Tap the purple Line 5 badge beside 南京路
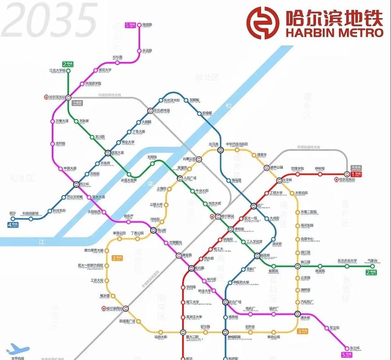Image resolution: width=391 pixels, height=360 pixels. point(130,25)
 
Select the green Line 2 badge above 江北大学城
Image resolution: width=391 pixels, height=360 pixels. point(67,64)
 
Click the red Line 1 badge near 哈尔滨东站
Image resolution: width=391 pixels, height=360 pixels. point(356,173)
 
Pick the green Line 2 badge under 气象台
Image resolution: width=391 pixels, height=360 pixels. point(371,272)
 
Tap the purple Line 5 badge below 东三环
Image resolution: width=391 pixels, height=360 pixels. point(347,355)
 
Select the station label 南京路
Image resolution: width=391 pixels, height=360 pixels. point(147,25)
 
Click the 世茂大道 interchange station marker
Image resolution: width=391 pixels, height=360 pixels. point(108,153)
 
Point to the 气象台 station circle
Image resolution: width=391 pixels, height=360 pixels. point(372,266)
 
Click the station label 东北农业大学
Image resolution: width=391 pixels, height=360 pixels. point(347,261)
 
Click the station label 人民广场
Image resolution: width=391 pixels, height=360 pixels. point(191,178)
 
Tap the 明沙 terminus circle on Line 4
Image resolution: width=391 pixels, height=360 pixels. point(12,219)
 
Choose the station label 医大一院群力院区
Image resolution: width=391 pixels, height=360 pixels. point(90,265)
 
